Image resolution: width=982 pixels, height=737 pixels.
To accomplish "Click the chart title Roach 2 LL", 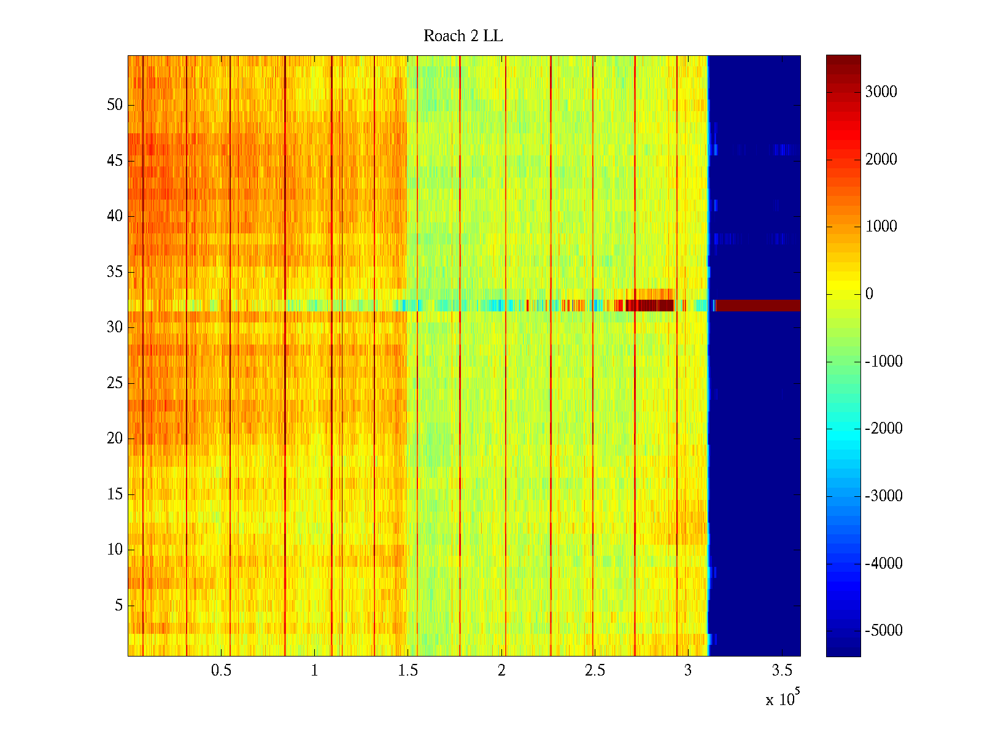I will pos(463,36).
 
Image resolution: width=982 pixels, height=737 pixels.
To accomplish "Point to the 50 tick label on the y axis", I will pos(115,105).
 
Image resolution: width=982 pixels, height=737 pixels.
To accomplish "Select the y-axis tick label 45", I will pos(115,161).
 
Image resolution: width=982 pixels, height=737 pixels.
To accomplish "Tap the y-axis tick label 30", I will pos(115,327).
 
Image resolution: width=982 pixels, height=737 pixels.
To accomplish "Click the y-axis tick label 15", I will pos(115,494).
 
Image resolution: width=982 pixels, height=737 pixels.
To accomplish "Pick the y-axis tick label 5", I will pos(118,606).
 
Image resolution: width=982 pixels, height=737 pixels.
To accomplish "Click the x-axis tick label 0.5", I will pos(221,671).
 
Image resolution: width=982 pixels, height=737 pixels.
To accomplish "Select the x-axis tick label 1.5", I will pos(408,671).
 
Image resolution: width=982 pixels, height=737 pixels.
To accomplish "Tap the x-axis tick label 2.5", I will pos(595,671).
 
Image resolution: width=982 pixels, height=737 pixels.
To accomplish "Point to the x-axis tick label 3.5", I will pos(782,671).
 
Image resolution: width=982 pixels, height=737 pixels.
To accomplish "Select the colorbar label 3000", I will pos(881,92).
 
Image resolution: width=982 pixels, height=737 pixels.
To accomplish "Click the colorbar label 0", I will pos(869,294).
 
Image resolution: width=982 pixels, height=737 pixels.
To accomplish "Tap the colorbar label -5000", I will pos(883,631).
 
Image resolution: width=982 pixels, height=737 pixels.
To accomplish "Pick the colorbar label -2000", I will pos(883,429).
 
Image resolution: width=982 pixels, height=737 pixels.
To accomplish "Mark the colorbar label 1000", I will pos(881,227).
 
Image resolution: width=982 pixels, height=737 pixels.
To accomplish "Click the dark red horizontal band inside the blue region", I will pos(758,305).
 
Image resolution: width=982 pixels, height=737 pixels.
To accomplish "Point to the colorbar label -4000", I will pos(883,563).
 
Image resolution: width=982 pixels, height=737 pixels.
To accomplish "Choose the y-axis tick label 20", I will pos(115,439).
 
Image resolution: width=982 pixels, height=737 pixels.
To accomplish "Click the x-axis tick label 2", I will pos(501,671).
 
